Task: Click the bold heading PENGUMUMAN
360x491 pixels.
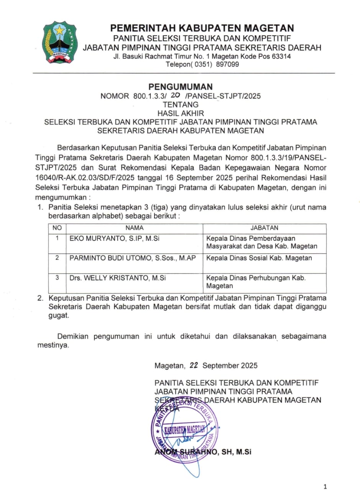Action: click(180, 87)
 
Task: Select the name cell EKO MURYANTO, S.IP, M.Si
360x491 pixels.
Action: click(114, 238)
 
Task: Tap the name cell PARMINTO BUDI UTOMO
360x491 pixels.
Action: click(133, 258)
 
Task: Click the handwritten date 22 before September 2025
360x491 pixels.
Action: click(194, 366)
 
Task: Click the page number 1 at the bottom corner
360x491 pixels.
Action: click(325, 487)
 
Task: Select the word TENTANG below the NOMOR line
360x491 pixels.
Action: click(181, 104)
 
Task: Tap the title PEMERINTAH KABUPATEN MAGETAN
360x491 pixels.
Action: click(202, 28)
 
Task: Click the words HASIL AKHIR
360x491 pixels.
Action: click(181, 113)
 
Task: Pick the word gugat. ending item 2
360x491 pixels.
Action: click(59, 316)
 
